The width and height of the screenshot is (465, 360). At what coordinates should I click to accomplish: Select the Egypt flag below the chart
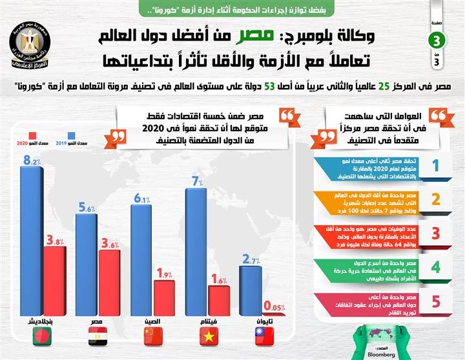[99, 335]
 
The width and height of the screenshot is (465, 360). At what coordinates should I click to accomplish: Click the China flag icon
[154, 335]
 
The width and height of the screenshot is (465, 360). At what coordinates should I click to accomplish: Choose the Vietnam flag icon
[209, 335]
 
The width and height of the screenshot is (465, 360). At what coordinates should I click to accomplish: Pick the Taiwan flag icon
[263, 335]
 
